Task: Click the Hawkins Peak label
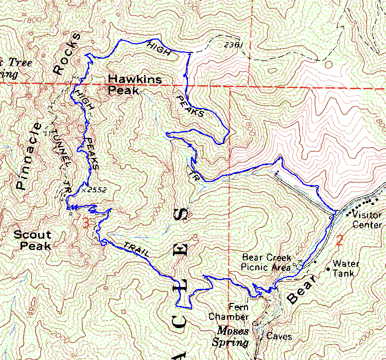coord(135,85)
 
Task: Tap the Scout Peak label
coord(32,240)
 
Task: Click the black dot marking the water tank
coord(328,268)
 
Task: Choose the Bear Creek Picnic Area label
coord(266,262)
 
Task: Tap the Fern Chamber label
coord(229,312)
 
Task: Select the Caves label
coord(279,337)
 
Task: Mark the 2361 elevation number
coord(233,45)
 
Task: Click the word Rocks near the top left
coord(66,53)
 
